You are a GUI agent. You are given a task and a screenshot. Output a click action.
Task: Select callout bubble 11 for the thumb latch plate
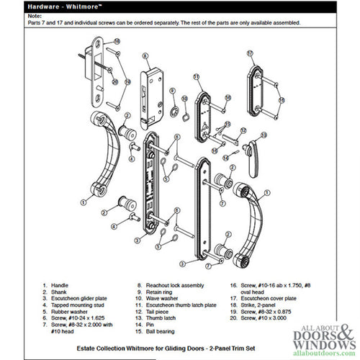195,77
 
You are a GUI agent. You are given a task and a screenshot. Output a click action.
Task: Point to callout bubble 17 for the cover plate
250,53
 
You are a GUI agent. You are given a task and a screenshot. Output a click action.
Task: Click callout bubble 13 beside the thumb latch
264,135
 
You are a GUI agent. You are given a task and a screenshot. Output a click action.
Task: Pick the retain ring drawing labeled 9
173,108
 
